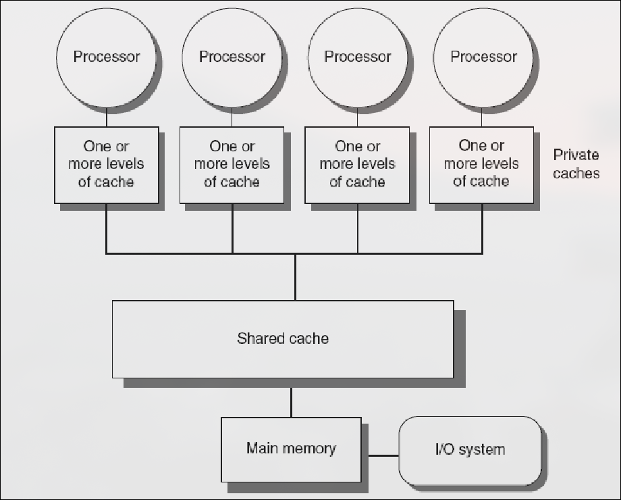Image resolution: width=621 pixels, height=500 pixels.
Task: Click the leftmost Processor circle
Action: pos(107,57)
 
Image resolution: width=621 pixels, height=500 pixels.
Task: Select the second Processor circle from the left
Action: pos(232,57)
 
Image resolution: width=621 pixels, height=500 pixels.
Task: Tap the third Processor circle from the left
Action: pos(358,57)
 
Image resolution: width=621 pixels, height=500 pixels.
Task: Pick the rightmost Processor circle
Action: pos(483,57)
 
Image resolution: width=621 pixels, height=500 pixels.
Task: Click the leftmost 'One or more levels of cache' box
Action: pos(107,164)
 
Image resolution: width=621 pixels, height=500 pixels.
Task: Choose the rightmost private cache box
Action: pos(481,164)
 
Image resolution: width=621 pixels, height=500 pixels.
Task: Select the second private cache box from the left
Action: pos(232,164)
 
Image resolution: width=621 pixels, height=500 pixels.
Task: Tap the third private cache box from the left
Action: pos(357,164)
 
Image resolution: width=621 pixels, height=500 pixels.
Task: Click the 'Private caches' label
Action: pos(576,164)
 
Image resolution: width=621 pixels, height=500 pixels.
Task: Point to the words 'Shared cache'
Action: pos(283,338)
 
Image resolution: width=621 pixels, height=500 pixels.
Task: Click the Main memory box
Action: pos(291,448)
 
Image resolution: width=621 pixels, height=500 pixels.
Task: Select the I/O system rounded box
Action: pos(470,449)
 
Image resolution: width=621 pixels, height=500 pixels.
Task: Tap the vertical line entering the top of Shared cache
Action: pos(295,277)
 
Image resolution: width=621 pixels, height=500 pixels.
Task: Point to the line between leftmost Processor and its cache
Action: pos(107,117)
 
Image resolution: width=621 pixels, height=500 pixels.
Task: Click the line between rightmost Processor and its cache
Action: pos(482,117)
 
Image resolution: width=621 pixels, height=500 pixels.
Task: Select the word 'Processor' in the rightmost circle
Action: pos(483,57)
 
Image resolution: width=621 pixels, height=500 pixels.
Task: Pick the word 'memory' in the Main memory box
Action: pos(310,448)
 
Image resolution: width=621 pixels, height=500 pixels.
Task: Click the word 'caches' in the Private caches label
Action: pos(576,173)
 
